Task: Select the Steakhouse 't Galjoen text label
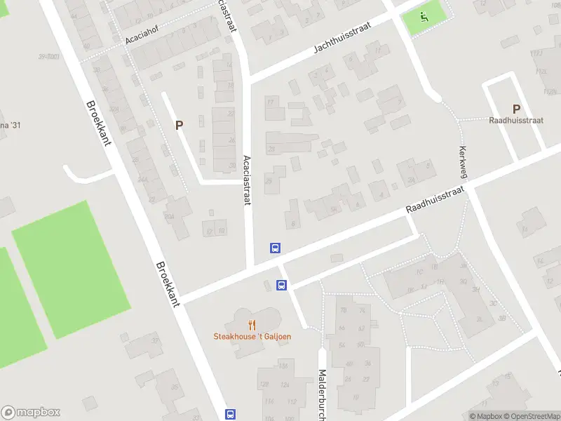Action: click(x=252, y=336)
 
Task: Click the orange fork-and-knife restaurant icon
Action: click(x=252, y=324)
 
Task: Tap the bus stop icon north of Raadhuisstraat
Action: click(x=276, y=248)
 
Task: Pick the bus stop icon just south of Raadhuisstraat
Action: click(x=281, y=285)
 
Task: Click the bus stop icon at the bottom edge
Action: click(x=231, y=414)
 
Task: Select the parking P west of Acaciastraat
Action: click(x=180, y=125)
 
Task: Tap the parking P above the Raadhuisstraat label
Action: click(x=516, y=109)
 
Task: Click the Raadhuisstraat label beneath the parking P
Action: click(x=516, y=120)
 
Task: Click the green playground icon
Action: click(x=424, y=17)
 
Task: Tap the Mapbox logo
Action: click(x=31, y=413)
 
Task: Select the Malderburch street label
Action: click(x=323, y=393)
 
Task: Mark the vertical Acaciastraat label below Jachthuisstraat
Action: click(x=247, y=180)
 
